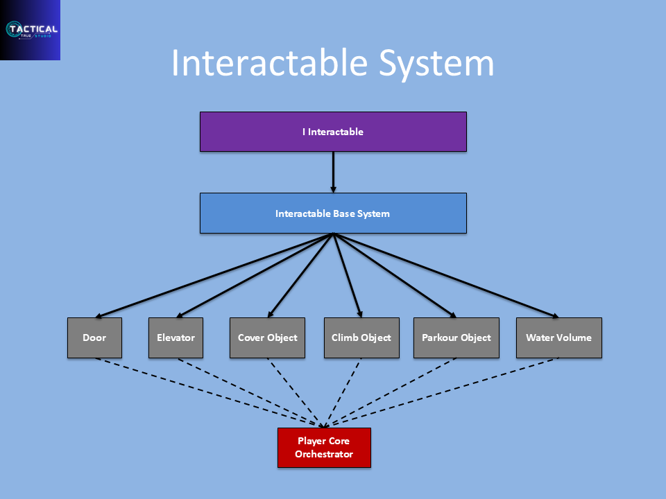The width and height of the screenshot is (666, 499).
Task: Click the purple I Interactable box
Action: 333,132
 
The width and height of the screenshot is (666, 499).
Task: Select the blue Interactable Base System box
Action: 333,213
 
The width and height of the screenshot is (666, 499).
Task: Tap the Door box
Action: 95,338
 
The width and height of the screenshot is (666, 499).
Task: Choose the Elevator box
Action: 176,338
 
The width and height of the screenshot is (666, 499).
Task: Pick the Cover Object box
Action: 267,338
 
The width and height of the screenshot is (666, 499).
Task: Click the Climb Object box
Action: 361,338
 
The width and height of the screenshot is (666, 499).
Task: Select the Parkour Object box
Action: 456,338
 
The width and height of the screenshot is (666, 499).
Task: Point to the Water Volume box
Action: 559,338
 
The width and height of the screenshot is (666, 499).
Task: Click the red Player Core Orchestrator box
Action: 324,448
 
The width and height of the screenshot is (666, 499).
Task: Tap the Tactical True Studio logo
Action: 30,30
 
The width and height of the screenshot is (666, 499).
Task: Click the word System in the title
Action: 436,64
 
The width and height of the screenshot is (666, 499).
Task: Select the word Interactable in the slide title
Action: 270,62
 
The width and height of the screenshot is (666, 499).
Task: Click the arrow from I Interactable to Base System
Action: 334,173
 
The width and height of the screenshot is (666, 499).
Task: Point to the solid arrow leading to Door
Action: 214,275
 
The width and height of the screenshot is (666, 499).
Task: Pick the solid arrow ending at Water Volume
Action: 446,275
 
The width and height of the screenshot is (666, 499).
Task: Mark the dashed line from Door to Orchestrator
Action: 209,392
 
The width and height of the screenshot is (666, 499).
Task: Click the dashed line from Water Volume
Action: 441,392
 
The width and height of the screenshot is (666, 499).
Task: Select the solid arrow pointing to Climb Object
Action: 348,275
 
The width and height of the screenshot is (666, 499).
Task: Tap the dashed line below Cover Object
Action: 296,392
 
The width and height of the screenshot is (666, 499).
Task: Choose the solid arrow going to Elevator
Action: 255,275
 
